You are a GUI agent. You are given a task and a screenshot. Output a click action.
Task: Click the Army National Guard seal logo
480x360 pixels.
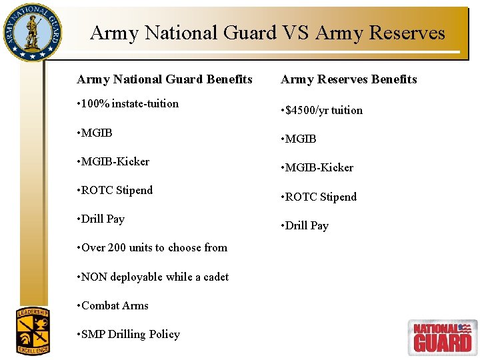coord(32,32)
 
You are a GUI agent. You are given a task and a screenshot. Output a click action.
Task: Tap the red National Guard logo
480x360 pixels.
coord(442,337)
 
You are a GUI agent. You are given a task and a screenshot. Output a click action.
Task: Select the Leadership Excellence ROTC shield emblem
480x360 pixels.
coord(33,331)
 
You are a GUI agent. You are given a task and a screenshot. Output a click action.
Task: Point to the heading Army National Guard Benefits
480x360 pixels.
coord(165,79)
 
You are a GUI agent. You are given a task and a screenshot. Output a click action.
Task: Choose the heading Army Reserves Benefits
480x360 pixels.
coord(349,79)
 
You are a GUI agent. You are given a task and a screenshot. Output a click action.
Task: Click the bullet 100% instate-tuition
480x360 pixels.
coord(128,103)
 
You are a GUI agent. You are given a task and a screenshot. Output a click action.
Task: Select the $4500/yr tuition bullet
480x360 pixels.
coord(322,110)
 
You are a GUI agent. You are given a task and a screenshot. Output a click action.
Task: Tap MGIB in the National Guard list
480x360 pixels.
coord(95,133)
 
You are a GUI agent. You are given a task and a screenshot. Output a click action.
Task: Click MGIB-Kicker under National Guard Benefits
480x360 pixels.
coord(113,161)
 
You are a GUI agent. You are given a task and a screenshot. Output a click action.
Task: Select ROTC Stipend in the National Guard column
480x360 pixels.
coord(115,190)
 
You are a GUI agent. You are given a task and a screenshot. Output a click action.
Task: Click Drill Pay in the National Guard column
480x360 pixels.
coord(101,219)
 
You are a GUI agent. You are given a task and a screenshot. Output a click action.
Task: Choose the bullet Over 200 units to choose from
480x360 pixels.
coord(153,247)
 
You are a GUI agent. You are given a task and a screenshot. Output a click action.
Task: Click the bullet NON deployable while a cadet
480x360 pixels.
coord(153,277)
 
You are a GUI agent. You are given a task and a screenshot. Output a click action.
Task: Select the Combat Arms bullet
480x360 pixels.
coord(113,305)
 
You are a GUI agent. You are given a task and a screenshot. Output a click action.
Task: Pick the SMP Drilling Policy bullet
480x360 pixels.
coord(129,334)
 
